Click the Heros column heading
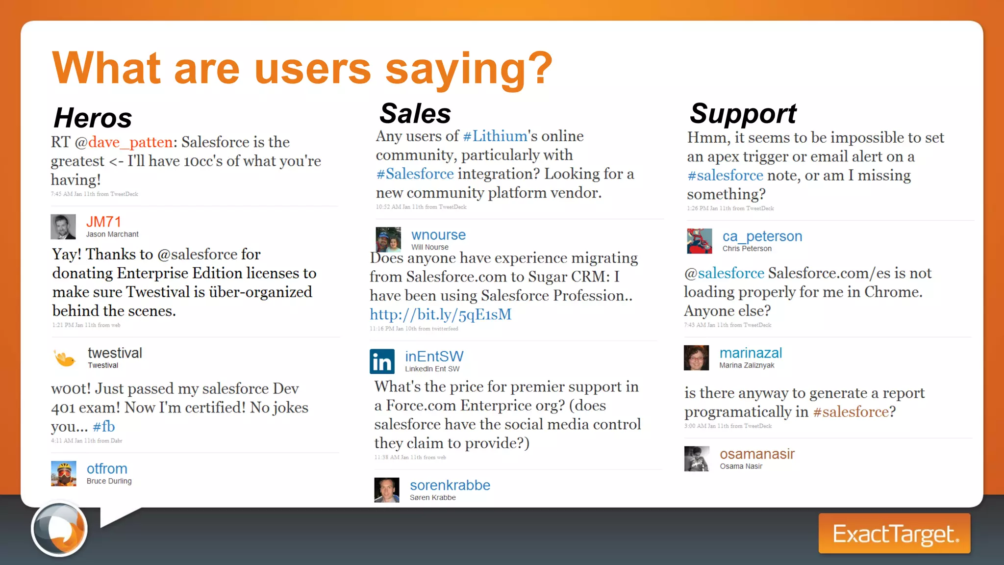coord(93,118)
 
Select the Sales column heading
coord(415,114)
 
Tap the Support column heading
coord(743,114)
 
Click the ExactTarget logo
coord(894,534)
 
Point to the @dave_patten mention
coord(124,142)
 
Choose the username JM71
coord(103,222)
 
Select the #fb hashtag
coord(103,427)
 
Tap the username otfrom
coord(107,469)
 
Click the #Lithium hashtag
coord(495,136)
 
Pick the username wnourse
coord(438,235)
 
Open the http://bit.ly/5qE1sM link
coord(440,314)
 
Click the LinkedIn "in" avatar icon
coord(382,361)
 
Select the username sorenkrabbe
coord(450,485)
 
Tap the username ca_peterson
coord(762,236)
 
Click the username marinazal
coord(751,353)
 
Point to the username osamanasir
coord(757,454)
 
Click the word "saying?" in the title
coord(469,68)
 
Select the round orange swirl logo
coord(59,529)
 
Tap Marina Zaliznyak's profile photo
coord(697,358)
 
